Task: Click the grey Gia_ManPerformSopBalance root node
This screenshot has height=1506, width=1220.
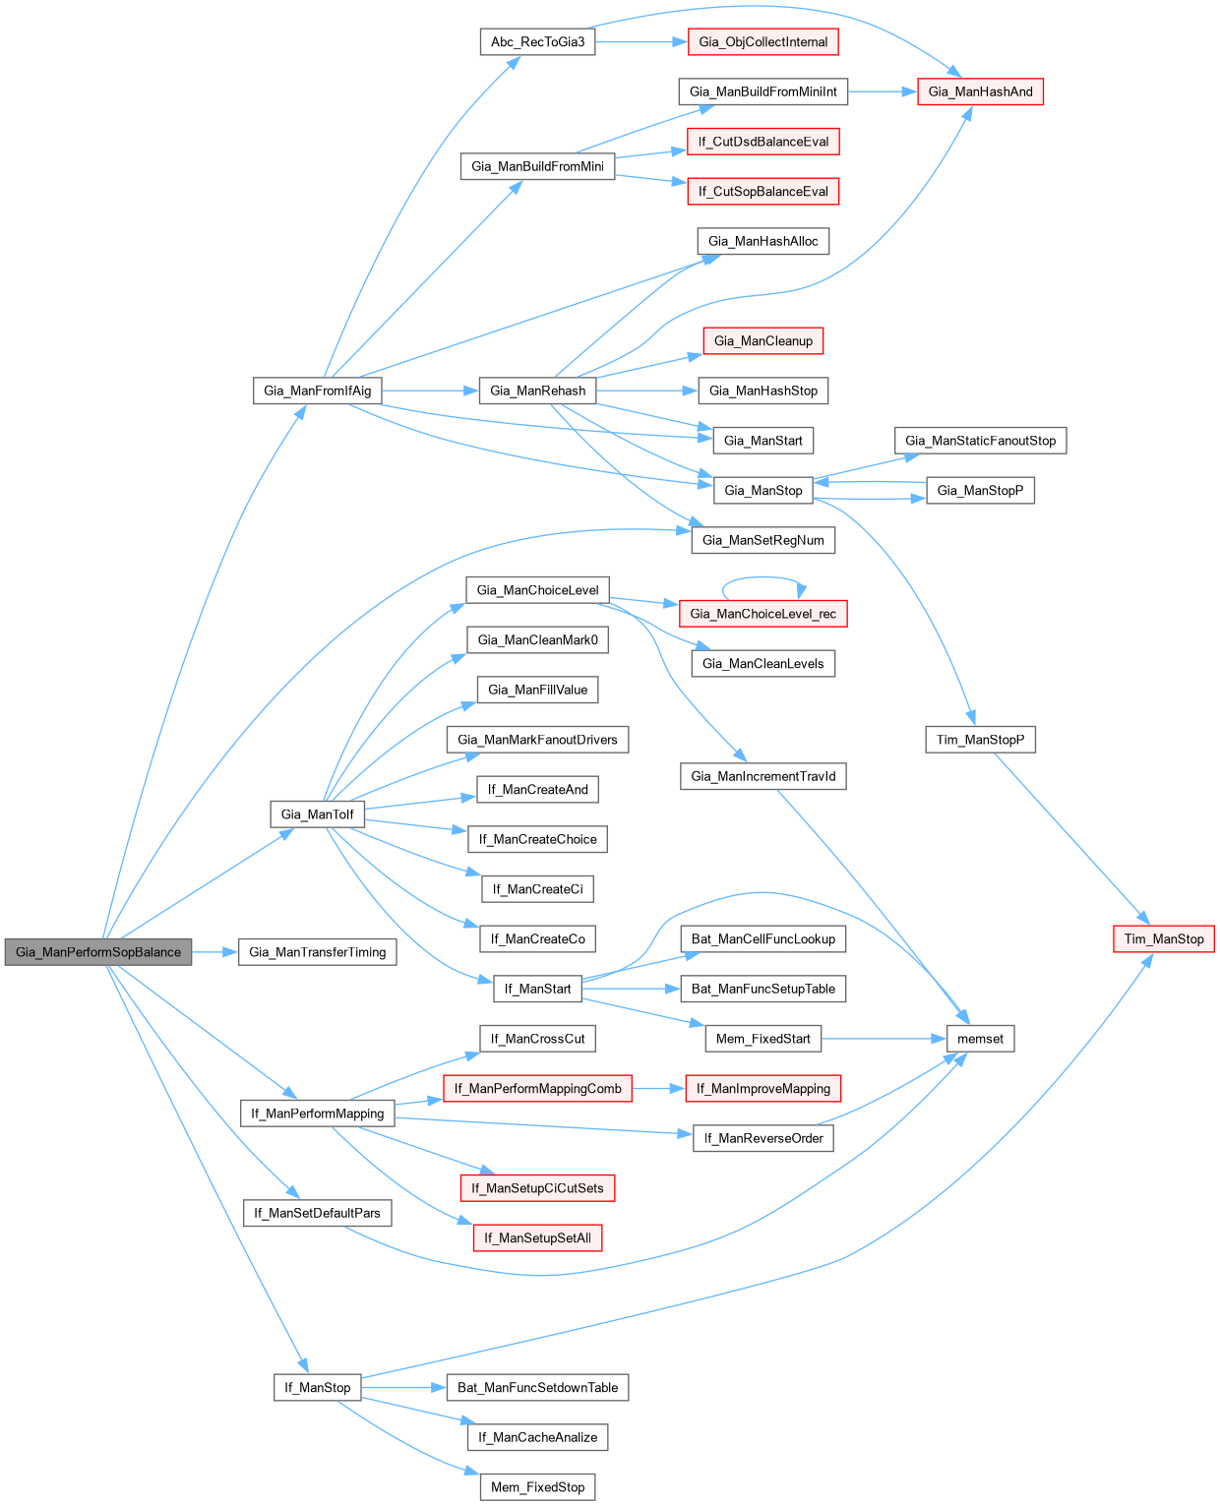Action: [98, 952]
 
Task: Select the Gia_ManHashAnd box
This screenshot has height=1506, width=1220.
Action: [980, 92]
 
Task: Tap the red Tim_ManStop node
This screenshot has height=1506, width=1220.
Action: [1164, 939]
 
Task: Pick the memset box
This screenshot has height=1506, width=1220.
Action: [980, 1039]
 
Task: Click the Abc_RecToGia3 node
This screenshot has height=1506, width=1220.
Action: [537, 42]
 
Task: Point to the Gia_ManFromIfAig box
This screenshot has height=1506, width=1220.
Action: [317, 391]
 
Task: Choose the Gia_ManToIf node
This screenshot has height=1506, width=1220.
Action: [317, 814]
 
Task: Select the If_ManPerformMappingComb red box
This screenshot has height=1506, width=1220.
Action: [537, 1089]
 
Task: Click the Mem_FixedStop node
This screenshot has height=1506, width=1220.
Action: [537, 1487]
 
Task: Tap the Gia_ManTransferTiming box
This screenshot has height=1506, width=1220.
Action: [317, 952]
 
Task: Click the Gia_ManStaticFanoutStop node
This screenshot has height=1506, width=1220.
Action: [980, 441]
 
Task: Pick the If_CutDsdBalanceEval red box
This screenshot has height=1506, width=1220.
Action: [763, 142]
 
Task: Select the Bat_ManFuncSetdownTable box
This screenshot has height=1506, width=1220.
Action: [537, 1388]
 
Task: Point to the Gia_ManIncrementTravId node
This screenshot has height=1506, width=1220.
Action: [763, 777]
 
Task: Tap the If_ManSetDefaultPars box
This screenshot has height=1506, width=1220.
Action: [317, 1213]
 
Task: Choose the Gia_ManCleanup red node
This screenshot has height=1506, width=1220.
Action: [763, 341]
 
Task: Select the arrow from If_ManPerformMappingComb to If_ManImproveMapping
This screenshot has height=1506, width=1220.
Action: [658, 1089]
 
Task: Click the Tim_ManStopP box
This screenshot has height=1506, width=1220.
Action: [980, 740]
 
